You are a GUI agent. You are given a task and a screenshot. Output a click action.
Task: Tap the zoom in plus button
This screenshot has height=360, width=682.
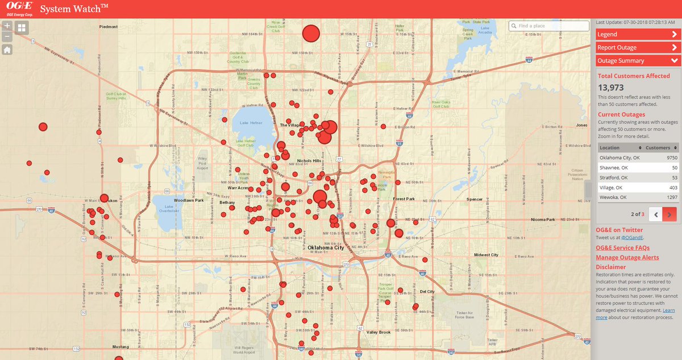(x=7, y=26)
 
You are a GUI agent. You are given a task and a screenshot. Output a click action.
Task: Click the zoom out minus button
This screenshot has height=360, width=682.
(x=7, y=37)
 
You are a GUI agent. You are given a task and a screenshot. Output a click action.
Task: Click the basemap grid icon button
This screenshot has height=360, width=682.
(x=22, y=27)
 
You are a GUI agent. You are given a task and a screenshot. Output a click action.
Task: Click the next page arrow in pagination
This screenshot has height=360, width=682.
(x=669, y=214)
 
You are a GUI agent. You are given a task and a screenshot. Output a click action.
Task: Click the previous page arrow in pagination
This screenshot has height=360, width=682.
(x=655, y=214)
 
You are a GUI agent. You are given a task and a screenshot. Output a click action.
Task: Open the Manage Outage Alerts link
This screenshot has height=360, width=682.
(x=627, y=258)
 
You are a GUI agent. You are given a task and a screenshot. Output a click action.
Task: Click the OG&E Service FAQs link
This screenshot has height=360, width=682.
(x=622, y=248)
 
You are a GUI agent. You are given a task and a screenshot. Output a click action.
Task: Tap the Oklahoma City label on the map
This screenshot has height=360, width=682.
(x=326, y=248)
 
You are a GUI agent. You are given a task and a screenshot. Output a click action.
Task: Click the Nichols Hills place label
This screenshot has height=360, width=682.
(x=309, y=161)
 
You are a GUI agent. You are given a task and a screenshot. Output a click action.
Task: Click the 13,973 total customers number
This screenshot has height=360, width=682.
(x=611, y=88)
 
